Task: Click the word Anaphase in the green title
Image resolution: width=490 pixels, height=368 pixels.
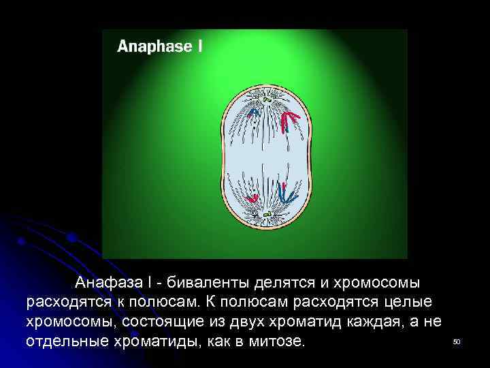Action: tap(154, 47)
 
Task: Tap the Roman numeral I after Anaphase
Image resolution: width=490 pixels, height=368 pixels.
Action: tap(199, 46)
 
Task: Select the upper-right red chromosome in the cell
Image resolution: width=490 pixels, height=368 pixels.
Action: tap(291, 121)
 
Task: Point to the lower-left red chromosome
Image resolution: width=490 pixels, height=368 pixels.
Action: tap(251, 198)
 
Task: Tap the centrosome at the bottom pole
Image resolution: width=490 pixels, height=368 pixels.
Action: tap(268, 215)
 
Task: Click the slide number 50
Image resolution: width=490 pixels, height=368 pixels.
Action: tap(457, 341)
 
